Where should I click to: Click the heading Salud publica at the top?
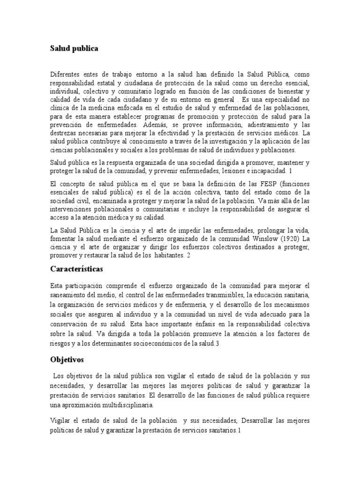[x=75, y=48]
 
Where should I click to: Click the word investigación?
[x=225, y=142]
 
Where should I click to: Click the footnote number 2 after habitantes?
[x=188, y=256]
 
